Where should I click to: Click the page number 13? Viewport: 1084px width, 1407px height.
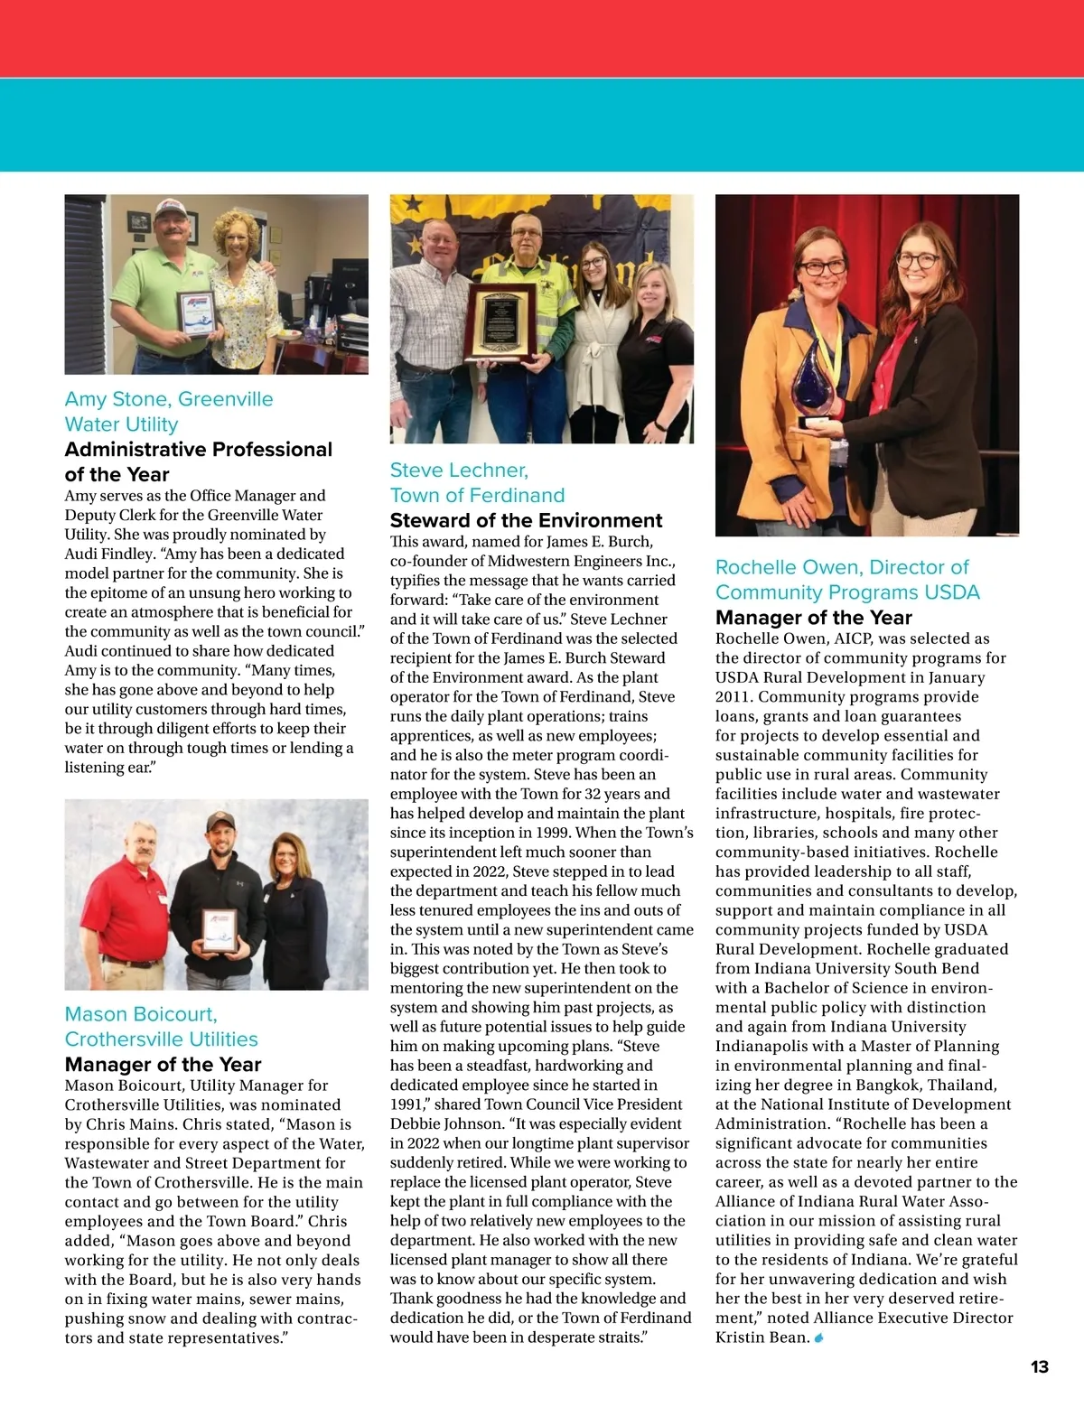point(1039,1366)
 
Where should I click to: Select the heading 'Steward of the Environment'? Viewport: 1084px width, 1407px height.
point(526,520)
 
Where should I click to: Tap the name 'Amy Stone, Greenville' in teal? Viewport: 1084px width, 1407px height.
point(169,399)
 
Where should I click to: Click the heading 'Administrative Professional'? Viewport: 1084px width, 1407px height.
point(199,450)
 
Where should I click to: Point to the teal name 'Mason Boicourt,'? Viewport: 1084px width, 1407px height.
point(141,1014)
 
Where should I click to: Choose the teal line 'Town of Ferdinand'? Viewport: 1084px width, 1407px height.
point(477,495)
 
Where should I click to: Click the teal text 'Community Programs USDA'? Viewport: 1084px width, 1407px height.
point(847,592)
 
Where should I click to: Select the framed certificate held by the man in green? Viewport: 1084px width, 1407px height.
point(197,313)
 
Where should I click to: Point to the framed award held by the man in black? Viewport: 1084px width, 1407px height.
point(220,932)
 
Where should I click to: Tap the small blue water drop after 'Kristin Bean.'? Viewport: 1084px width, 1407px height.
point(819,1337)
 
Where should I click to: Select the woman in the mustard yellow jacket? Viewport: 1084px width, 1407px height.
point(795,361)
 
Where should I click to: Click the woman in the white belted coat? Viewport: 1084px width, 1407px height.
point(593,343)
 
